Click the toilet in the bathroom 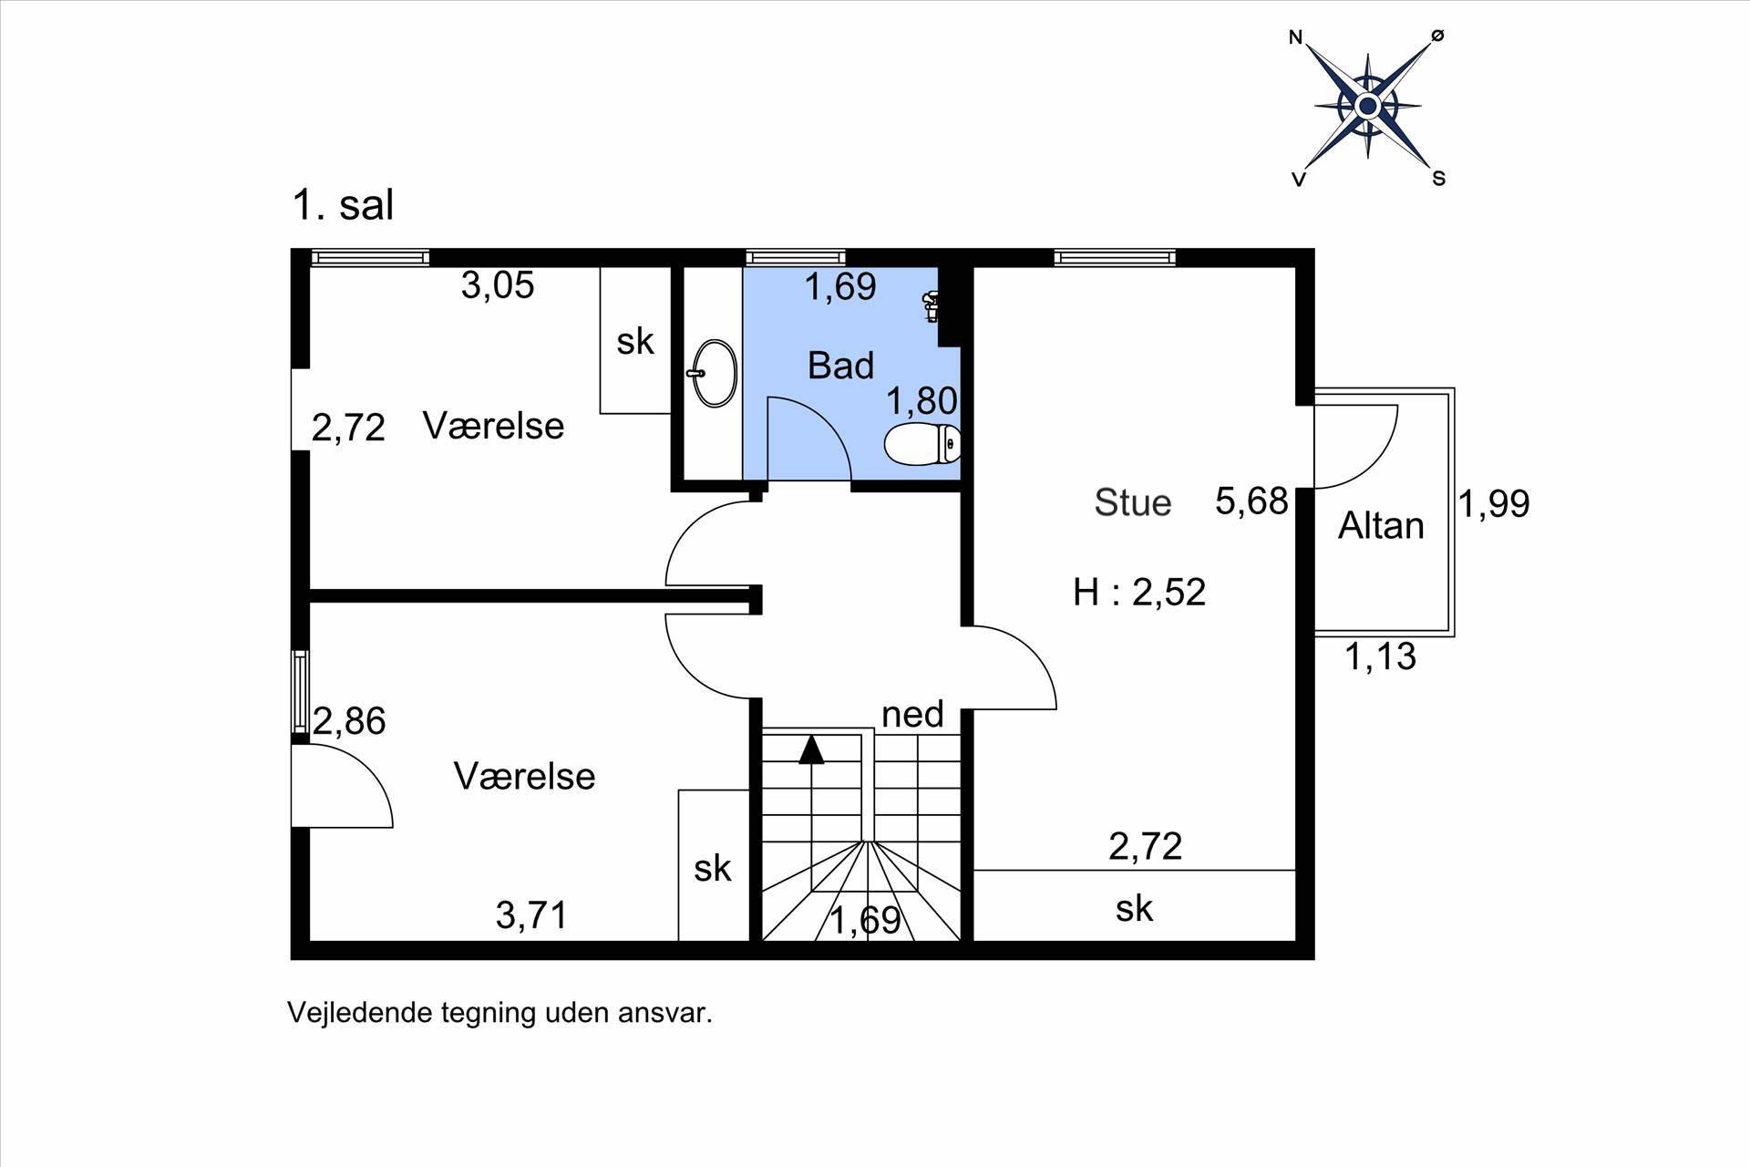[922, 444]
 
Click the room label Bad [840, 366]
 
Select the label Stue [1132, 502]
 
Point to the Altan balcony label [1380, 526]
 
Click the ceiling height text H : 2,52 [1139, 593]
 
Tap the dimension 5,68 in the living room [1251, 502]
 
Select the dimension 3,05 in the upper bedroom [497, 286]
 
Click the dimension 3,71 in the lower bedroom [531, 914]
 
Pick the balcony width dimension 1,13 [1381, 656]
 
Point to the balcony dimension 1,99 [1494, 503]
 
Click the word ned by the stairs [912, 715]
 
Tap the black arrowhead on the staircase [811, 749]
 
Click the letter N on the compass [1295, 37]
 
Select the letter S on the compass [1438, 179]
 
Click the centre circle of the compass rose [1367, 107]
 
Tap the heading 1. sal [343, 205]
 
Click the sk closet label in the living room [1134, 908]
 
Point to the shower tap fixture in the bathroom [932, 306]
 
